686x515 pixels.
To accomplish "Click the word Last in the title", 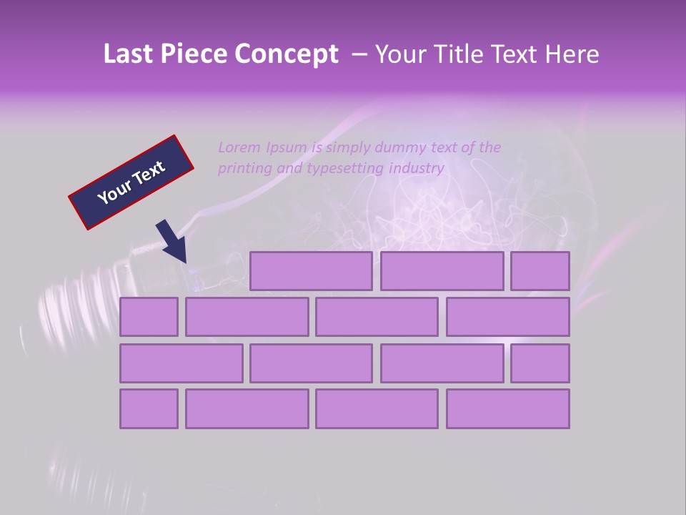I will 129,54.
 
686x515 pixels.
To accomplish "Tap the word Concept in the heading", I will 287,54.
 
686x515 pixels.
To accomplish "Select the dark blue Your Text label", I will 131,182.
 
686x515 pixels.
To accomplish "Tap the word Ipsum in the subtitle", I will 287,147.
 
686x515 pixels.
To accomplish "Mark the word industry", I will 417,169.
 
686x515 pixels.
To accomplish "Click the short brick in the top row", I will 540,271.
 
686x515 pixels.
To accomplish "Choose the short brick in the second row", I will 149,317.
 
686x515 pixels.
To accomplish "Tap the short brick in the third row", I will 540,363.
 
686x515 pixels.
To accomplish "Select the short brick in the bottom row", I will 149,409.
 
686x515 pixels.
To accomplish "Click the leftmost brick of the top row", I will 311,271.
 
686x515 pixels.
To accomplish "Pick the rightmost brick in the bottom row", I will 508,409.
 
